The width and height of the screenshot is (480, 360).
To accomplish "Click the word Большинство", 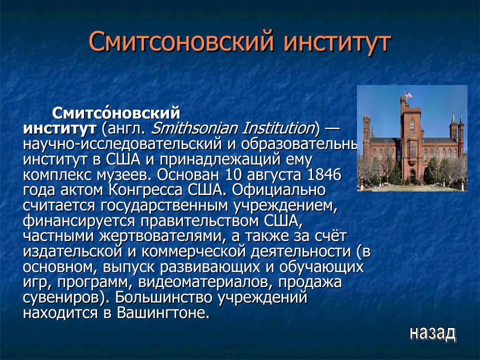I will [159, 298].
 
